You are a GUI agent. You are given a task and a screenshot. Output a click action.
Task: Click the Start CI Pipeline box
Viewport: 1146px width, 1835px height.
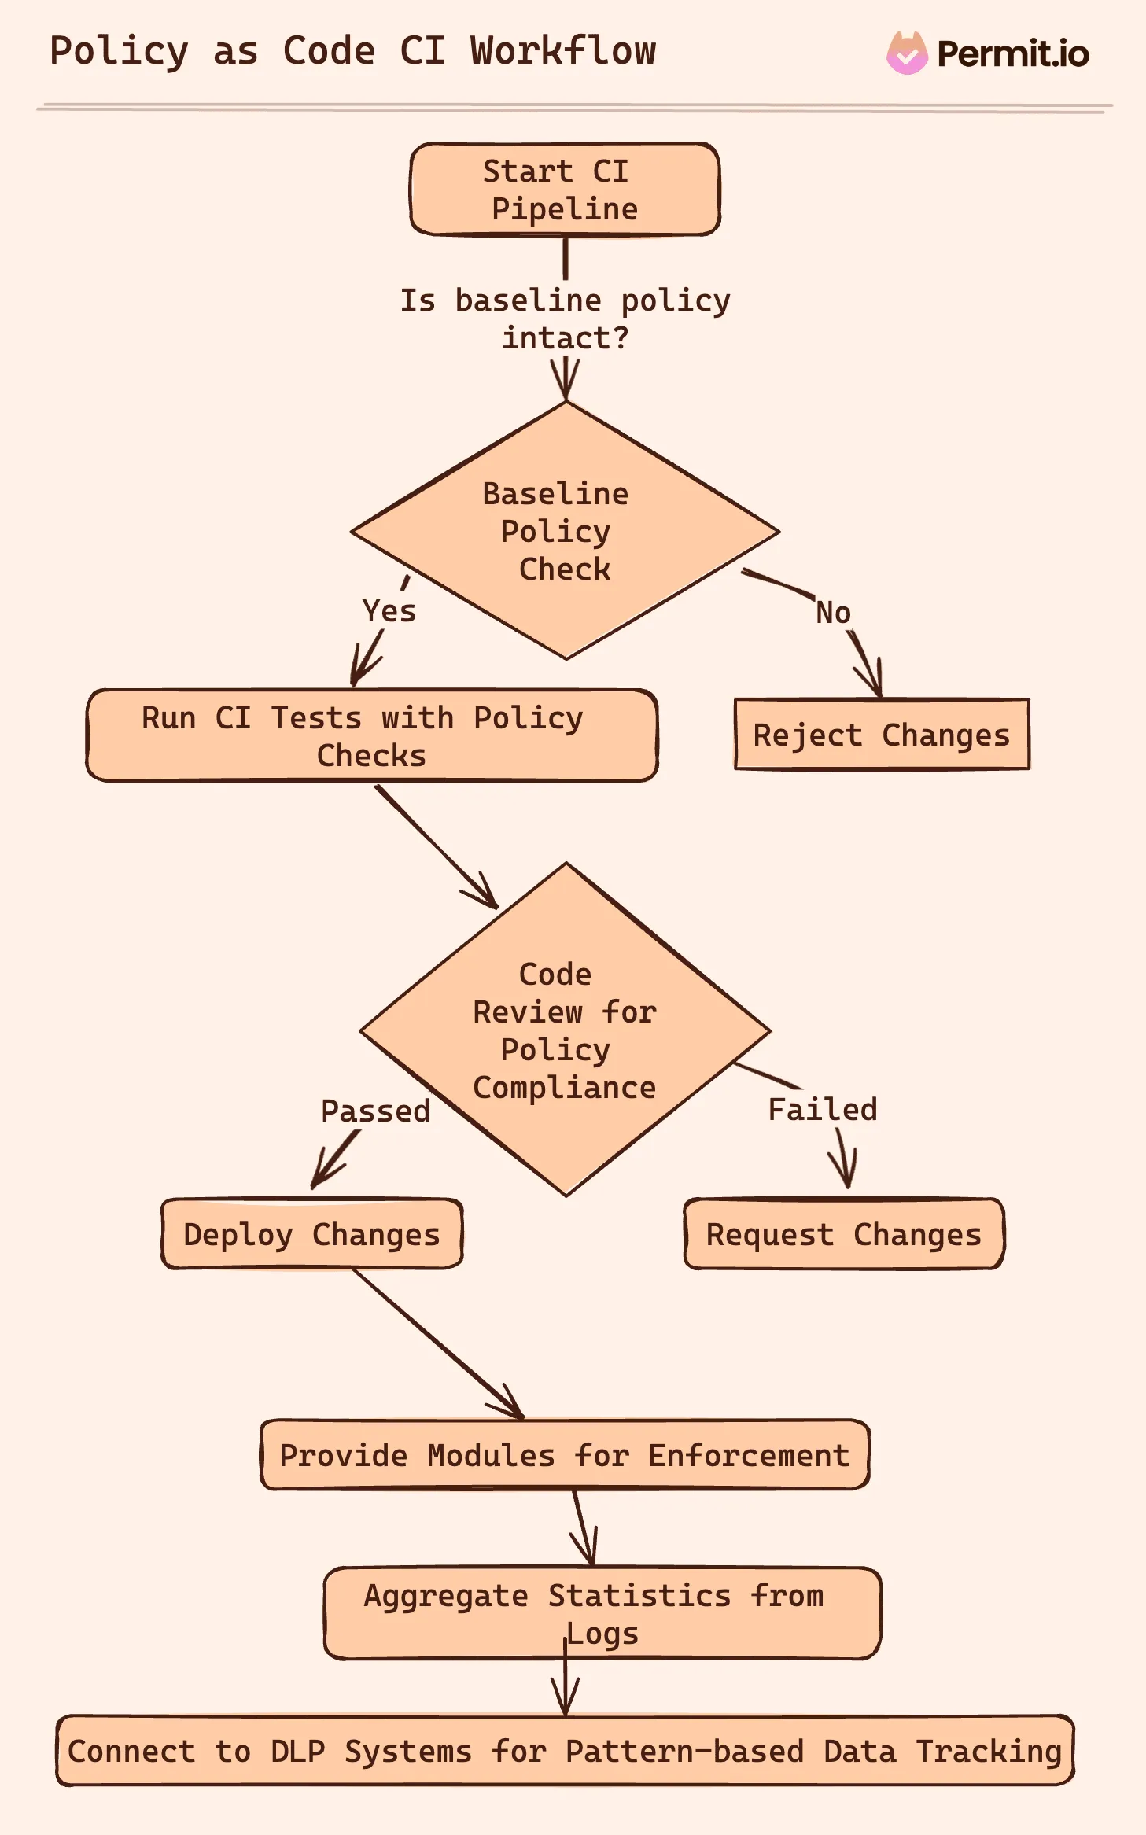pos(564,190)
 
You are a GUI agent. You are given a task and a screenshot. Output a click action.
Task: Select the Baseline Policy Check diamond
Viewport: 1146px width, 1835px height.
pos(564,531)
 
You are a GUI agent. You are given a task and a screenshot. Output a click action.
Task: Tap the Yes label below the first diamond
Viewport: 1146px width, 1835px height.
pos(389,611)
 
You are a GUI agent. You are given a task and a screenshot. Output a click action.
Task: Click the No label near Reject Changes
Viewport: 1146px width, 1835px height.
pos(833,613)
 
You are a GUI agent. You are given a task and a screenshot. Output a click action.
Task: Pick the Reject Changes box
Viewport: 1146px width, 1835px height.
pos(881,735)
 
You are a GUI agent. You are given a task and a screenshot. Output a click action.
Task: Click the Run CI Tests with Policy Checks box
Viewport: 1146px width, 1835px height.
pos(371,736)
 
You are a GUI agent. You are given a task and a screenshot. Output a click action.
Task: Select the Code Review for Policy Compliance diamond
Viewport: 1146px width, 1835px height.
pos(564,1030)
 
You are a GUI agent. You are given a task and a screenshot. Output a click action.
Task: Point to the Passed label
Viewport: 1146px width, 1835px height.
pos(375,1111)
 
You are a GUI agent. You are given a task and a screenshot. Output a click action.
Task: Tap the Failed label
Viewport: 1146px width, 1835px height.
pos(822,1110)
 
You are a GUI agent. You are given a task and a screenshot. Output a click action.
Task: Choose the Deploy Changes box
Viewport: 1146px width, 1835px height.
pos(311,1234)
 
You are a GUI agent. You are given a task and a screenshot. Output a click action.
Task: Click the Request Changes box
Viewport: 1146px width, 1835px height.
pos(843,1234)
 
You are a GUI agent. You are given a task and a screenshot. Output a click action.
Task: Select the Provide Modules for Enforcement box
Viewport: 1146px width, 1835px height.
pos(564,1455)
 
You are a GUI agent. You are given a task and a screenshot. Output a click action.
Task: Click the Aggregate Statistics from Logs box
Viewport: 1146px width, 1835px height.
pos(602,1613)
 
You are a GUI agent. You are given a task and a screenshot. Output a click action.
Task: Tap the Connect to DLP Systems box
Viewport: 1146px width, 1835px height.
pos(564,1751)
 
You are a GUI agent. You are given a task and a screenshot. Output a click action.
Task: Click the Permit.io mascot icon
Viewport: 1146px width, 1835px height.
pos(907,53)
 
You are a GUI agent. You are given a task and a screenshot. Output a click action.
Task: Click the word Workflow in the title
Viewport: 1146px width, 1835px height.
pos(562,51)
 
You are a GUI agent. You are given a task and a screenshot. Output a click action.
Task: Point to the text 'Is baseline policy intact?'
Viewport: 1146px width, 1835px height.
pos(564,319)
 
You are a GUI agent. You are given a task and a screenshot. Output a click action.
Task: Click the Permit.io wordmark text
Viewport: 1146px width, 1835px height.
pos(1012,54)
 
